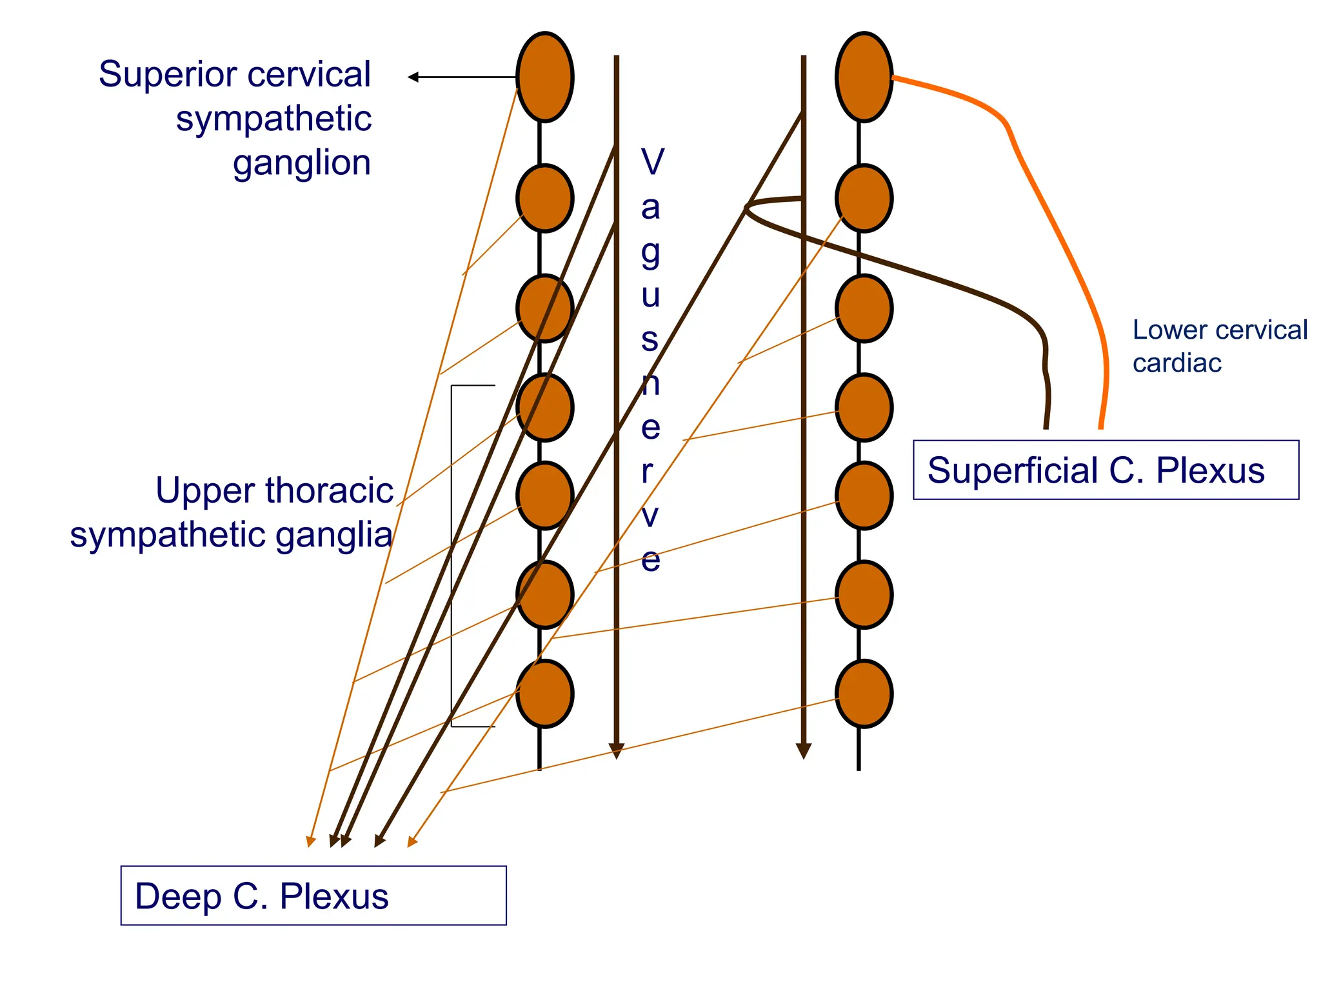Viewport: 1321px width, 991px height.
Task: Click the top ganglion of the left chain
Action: (544, 77)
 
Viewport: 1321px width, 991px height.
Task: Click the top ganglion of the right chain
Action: (864, 77)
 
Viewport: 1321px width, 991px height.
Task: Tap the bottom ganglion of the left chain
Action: (544, 694)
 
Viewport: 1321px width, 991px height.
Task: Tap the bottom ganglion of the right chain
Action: (864, 694)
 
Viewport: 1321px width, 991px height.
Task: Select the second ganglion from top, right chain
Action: (864, 198)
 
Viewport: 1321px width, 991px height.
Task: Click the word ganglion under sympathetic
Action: (302, 163)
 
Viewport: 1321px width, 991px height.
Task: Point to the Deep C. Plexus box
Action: (313, 896)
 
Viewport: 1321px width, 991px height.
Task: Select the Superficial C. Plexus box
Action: (1106, 470)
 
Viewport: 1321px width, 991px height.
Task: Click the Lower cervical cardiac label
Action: (1219, 346)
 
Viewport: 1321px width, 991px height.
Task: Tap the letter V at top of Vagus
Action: (652, 161)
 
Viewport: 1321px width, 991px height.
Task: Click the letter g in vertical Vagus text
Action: (651, 254)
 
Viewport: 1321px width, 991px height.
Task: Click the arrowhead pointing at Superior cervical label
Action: (413, 77)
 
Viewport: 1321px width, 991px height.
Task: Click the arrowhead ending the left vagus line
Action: (616, 751)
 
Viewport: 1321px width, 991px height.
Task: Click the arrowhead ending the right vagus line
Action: (803, 751)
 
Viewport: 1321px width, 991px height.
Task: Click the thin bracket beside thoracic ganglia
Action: (452, 555)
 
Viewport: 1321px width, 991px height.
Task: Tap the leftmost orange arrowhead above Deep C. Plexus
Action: (311, 841)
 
